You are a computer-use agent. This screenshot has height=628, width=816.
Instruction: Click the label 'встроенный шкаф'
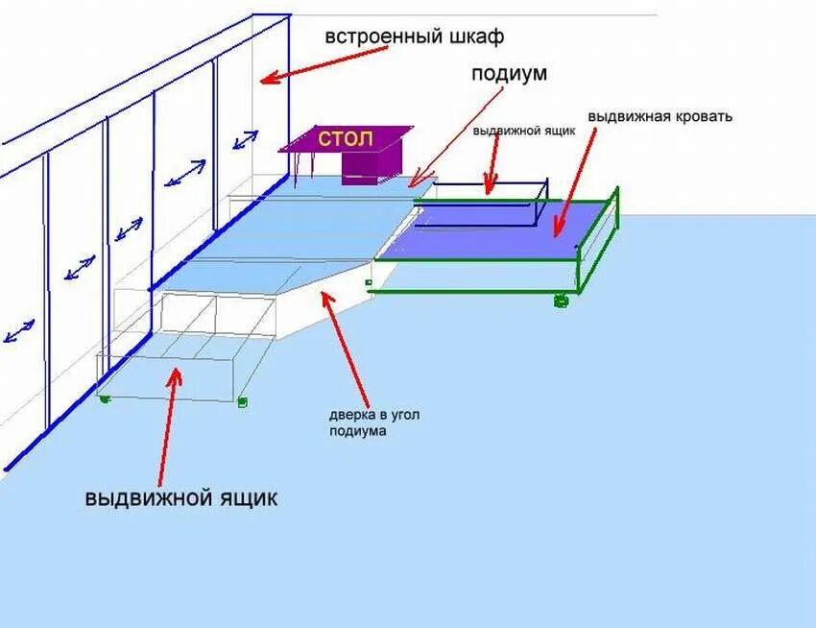point(414,36)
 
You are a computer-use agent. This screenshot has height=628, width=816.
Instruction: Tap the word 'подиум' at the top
point(508,74)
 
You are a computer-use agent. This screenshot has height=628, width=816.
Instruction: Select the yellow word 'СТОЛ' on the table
point(346,137)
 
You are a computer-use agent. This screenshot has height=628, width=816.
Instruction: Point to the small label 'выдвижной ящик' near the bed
point(523,133)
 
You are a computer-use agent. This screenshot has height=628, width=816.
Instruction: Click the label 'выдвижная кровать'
point(660,116)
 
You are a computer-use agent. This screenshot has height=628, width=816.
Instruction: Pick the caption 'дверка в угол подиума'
point(373,423)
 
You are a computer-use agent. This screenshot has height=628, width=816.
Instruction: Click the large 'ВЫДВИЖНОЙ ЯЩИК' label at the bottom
point(180,499)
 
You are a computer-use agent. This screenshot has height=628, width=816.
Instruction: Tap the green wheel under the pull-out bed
point(561,302)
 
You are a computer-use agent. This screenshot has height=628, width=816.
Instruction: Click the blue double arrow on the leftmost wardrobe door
point(19,330)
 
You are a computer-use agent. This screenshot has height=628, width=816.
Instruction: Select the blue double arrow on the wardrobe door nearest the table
point(245,140)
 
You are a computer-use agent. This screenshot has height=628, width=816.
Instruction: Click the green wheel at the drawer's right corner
point(243,401)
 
